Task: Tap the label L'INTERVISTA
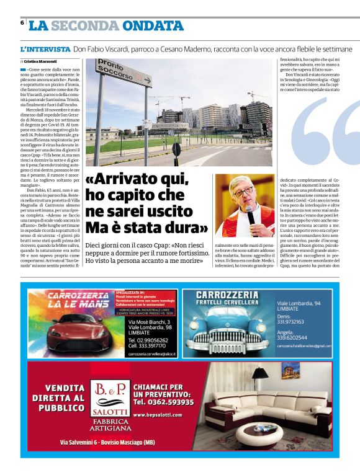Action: pos(45,48)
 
